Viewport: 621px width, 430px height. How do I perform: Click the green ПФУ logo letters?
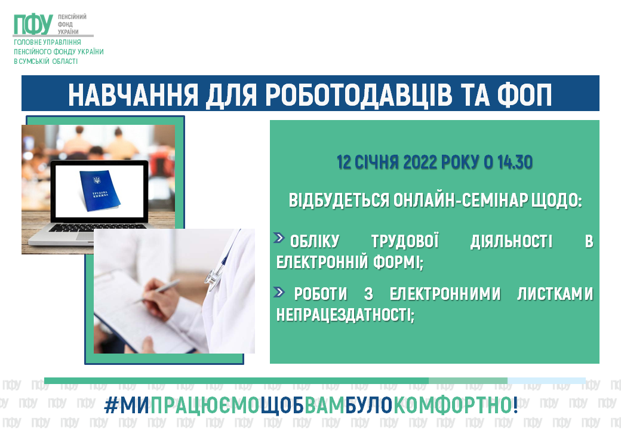click(33, 24)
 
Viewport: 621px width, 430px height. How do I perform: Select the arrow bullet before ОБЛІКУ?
click(279, 238)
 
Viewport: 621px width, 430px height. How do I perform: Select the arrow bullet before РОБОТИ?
click(279, 292)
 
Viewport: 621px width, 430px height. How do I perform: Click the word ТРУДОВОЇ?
click(405, 241)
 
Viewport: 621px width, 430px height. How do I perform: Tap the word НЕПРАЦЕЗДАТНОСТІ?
click(345, 315)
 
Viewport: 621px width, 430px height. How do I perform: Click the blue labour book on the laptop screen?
click(99, 189)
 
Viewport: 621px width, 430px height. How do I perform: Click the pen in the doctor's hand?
click(158, 291)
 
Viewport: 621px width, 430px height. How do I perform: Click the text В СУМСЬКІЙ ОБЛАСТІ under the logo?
click(45, 62)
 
